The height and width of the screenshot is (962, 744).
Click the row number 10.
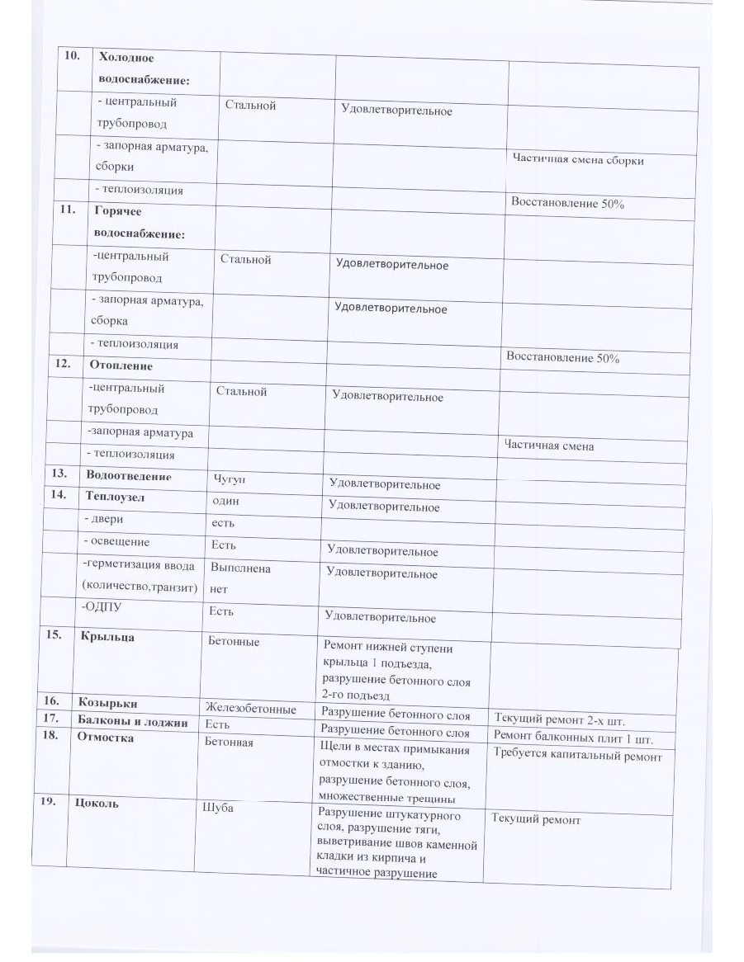pyautogui.click(x=73, y=55)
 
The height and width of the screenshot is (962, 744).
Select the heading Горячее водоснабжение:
pyautogui.click(x=141, y=223)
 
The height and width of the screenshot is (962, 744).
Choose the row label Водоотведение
pyautogui.click(x=128, y=475)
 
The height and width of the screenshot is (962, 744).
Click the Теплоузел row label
pyautogui.click(x=118, y=497)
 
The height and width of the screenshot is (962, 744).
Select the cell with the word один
pyautogui.click(x=226, y=500)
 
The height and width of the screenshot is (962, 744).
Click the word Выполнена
pyautogui.click(x=240, y=568)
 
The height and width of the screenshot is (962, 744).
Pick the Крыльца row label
pyautogui.click(x=107, y=637)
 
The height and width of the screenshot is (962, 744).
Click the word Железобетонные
pyautogui.click(x=251, y=709)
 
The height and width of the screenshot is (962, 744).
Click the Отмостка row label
pyautogui.click(x=105, y=738)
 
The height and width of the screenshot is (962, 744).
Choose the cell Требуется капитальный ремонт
pyautogui.click(x=577, y=755)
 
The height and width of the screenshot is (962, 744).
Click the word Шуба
pyautogui.click(x=219, y=809)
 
